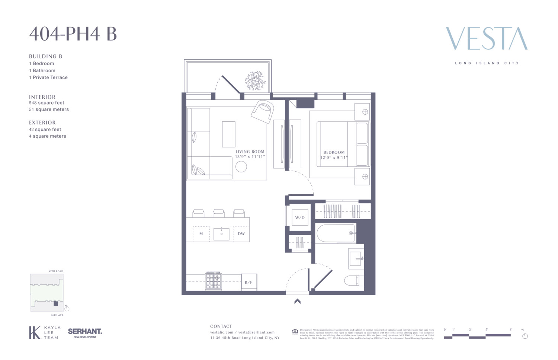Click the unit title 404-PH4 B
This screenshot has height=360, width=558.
73,34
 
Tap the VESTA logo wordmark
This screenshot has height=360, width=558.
487,38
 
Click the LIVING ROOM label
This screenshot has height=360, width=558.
250,152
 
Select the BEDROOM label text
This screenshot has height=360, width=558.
334,152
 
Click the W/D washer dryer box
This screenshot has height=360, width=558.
300,217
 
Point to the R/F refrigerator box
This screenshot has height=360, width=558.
248,282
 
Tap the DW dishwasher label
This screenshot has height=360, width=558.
241,234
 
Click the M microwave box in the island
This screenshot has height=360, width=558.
201,234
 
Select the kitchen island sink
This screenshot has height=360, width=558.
221,234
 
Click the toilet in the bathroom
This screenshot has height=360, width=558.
353,280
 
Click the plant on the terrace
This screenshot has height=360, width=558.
255,81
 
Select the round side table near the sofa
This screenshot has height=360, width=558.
241,167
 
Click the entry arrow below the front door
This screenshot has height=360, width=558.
297,302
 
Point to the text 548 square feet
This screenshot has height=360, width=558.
46,103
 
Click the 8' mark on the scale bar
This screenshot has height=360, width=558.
511,330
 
